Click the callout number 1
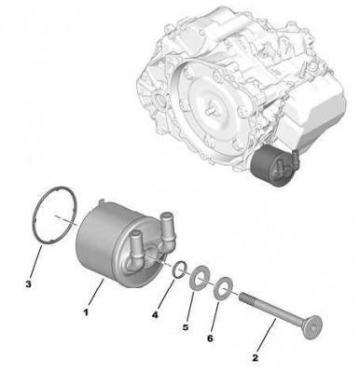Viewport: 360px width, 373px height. pyautogui.click(x=85, y=312)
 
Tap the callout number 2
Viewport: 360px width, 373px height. pyautogui.click(x=255, y=358)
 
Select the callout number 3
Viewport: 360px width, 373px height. pyautogui.click(x=28, y=283)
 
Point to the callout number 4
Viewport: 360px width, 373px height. pyautogui.click(x=155, y=315)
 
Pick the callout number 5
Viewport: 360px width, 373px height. pyautogui.click(x=186, y=327)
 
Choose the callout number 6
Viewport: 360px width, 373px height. pyautogui.click(x=210, y=338)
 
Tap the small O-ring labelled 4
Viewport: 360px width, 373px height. pyautogui.click(x=180, y=269)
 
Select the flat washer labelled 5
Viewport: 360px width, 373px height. pyautogui.click(x=199, y=277)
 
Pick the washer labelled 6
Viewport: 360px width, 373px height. pyautogui.click(x=223, y=288)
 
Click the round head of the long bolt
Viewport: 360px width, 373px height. pyautogui.click(x=312, y=327)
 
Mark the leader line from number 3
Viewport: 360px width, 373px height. pyautogui.click(x=37, y=261)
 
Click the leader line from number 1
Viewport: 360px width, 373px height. pyautogui.click(x=96, y=292)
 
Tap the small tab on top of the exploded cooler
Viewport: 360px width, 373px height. pyautogui.click(x=101, y=202)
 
